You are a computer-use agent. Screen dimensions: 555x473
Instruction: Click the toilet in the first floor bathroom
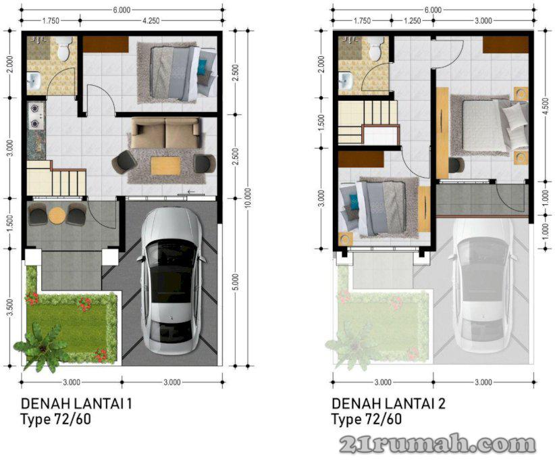pos(64,49)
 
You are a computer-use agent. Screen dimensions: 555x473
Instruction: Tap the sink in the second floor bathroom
pos(344,81)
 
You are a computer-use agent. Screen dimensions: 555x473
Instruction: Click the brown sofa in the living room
pos(165,133)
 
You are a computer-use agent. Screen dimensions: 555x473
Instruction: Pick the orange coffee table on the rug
pos(165,166)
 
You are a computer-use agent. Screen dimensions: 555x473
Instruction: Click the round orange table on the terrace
pos(56,216)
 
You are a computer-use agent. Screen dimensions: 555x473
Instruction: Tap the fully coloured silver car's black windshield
pos(171,253)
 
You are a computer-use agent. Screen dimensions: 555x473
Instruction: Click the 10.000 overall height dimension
pos(248,198)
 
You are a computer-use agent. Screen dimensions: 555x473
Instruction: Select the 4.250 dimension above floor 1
pos(151,21)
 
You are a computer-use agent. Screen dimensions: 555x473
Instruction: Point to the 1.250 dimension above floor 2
pos(413,21)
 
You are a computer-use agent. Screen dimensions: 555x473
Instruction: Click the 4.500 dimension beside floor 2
pos(546,105)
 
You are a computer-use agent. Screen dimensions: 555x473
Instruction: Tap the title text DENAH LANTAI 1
pos(76,404)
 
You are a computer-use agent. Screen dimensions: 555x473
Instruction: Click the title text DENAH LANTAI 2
pos(388,404)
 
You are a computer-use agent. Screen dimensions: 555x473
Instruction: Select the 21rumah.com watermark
pos(438,445)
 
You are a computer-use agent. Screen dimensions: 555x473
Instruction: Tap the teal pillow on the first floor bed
pos(203,67)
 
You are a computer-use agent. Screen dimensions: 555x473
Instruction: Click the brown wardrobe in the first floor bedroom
pos(105,45)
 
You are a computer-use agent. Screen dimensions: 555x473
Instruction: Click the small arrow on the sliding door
pos(191,192)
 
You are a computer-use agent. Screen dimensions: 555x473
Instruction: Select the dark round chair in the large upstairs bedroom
pos(456,165)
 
